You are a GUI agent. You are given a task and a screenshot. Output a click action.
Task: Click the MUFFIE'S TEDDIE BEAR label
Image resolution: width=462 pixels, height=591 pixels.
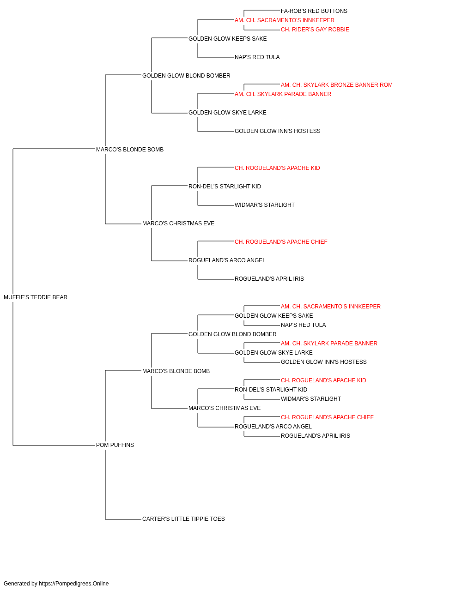[36, 297]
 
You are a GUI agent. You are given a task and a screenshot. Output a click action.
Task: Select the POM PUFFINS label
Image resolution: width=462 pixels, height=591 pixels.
[115, 445]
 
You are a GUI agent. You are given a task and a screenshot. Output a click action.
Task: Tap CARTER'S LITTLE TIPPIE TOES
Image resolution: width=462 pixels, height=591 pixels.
[183, 519]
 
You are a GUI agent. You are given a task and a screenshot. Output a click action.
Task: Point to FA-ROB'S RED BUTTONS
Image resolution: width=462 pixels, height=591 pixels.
[314, 11]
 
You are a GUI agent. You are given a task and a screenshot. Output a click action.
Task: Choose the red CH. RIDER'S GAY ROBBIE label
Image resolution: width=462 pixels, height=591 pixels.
[315, 30]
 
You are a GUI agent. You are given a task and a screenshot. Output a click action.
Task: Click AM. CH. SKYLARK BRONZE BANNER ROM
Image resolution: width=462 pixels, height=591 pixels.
[337, 85]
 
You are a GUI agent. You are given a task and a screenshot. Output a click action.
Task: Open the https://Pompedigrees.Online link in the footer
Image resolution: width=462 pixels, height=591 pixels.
[74, 584]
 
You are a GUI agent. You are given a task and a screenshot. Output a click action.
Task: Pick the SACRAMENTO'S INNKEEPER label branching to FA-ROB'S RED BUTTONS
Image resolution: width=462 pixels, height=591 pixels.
[285, 20]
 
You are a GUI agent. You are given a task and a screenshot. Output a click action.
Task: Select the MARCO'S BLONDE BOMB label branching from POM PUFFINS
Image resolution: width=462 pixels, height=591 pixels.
[176, 371]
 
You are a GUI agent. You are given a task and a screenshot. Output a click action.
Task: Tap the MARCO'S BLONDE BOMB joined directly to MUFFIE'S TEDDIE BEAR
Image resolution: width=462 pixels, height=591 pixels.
[130, 150]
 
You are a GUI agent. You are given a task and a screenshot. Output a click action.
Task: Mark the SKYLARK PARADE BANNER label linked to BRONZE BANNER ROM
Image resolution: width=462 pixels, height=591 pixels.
[283, 94]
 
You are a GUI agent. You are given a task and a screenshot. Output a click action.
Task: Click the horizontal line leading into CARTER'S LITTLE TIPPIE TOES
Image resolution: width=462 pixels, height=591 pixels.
[123, 519]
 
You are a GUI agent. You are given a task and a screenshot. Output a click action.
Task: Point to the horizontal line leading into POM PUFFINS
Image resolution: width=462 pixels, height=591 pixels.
[54, 446]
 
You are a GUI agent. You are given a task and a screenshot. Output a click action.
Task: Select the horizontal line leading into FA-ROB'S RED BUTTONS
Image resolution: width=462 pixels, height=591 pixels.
[262, 10]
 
